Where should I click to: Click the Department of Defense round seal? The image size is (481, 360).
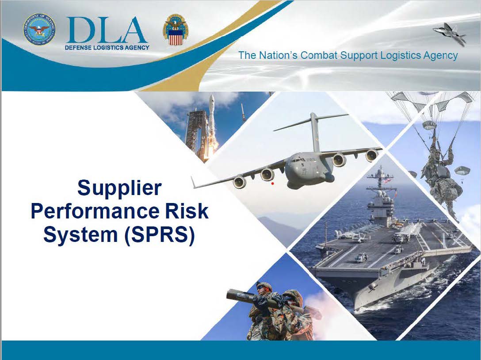pos(39,30)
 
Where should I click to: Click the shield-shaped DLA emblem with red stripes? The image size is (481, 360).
pos(176,31)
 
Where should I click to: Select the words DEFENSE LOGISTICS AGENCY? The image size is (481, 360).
pos(107,48)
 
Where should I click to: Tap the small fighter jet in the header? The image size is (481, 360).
pos(450,33)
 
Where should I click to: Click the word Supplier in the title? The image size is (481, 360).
pos(119,188)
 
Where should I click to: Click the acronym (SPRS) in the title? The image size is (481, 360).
pos(160,235)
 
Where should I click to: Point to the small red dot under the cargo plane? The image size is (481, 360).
pos(273,184)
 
